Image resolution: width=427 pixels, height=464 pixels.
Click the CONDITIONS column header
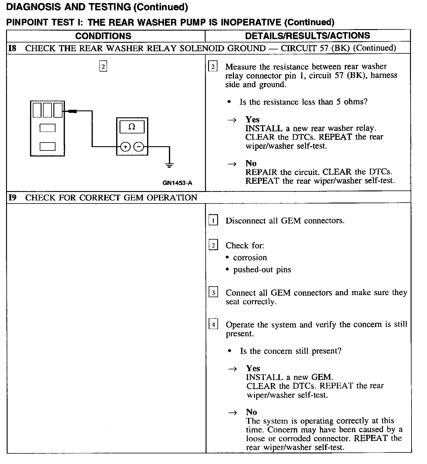[x=103, y=36]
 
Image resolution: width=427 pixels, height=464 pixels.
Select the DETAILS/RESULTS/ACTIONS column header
[x=308, y=36]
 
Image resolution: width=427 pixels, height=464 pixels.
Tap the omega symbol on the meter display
[x=132, y=127]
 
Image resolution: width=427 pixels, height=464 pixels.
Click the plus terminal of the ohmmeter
[x=126, y=147]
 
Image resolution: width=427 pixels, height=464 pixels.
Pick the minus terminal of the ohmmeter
[x=139, y=147]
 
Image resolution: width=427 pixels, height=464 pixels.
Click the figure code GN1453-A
[x=177, y=183]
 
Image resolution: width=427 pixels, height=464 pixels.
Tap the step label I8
[x=12, y=48]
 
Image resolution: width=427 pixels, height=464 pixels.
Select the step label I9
[x=12, y=198]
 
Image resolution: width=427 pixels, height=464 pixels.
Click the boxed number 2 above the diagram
[x=103, y=66]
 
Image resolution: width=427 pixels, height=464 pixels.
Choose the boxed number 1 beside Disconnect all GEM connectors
[x=213, y=220]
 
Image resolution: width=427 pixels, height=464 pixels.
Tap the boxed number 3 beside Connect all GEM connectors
[x=213, y=292]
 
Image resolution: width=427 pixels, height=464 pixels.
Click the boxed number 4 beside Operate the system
[x=213, y=324]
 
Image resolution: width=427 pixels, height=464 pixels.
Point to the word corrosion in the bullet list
[x=250, y=258]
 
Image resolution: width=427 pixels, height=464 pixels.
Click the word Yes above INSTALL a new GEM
[x=253, y=368]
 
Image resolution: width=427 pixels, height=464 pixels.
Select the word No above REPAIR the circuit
[x=251, y=163]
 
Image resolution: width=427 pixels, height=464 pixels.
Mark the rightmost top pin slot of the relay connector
[x=58, y=110]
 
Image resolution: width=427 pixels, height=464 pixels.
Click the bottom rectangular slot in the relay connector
[x=48, y=147]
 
